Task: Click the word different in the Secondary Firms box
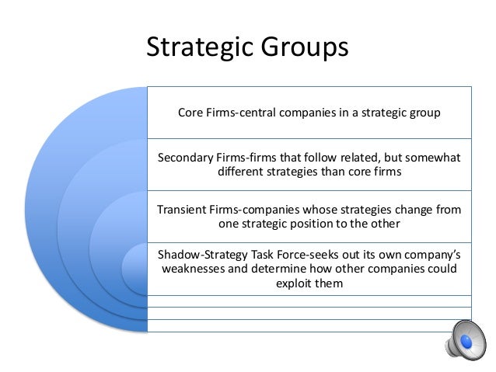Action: [x=241, y=172]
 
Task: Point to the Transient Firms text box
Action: [x=309, y=217]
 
